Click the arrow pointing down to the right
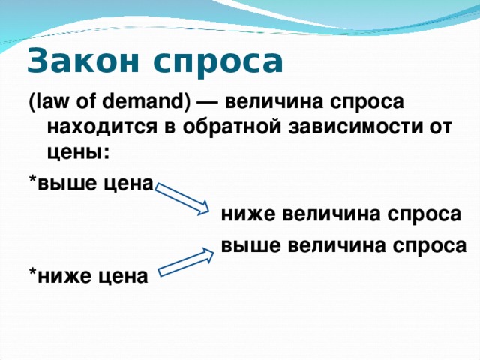pyautogui.click(x=184, y=196)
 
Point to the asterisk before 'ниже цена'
pyautogui.click(x=31, y=274)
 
